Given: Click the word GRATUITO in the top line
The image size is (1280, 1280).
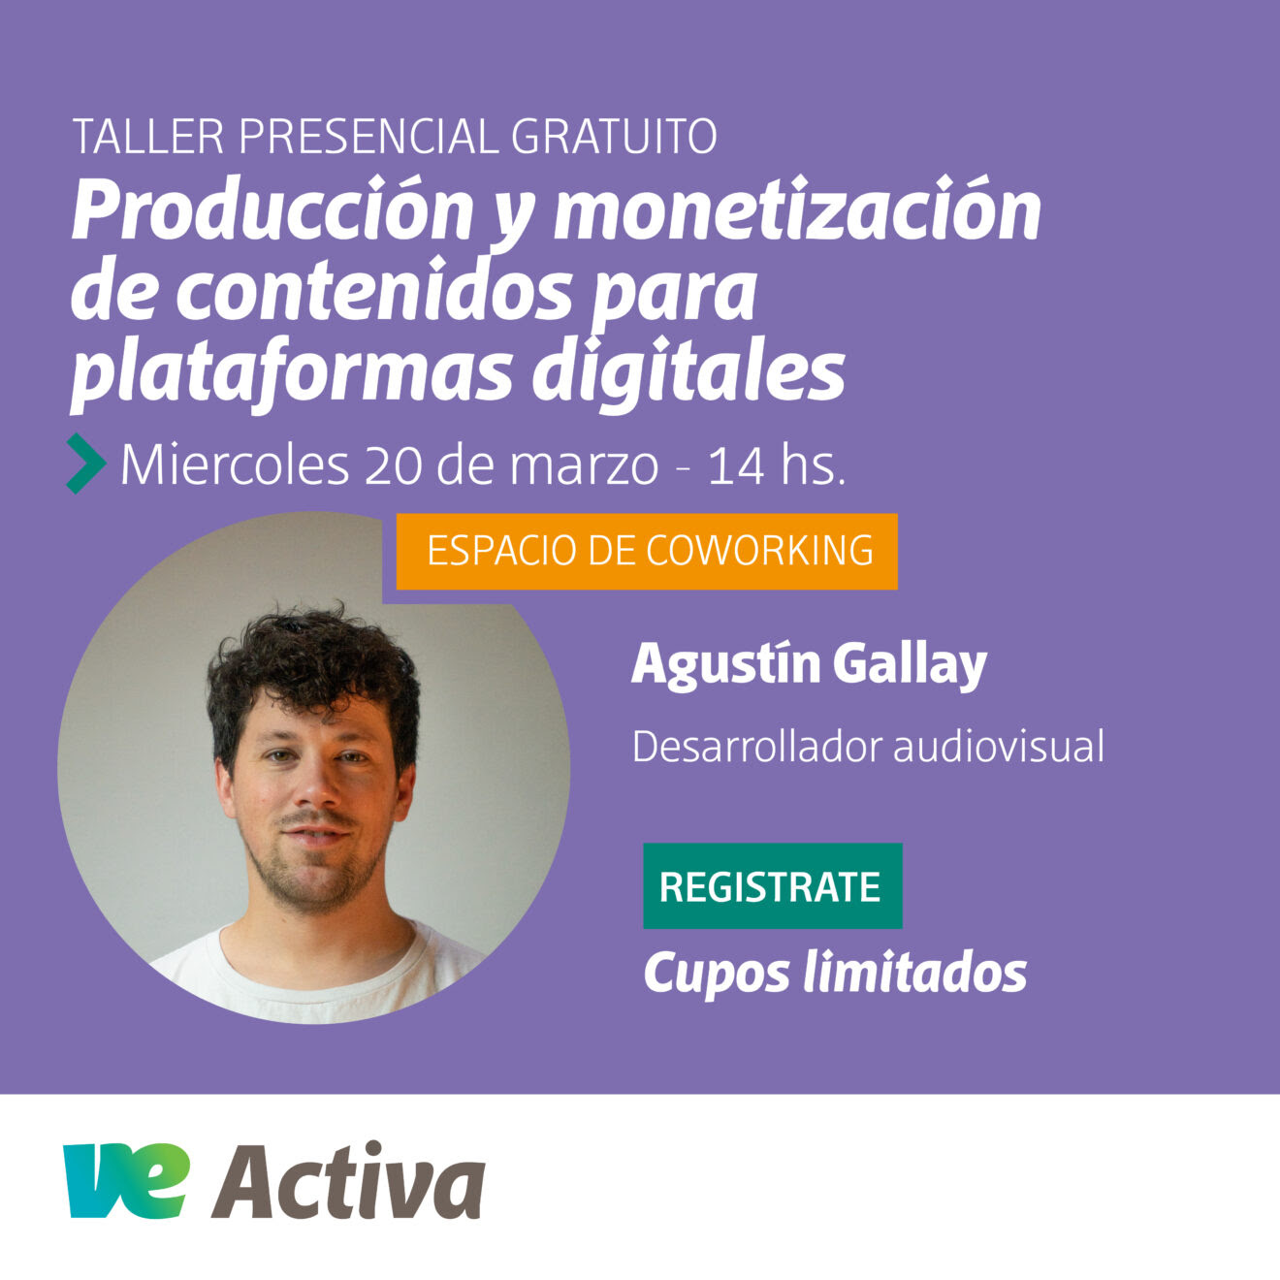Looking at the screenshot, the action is click(614, 137).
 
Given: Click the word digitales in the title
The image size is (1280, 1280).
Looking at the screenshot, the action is click(688, 369).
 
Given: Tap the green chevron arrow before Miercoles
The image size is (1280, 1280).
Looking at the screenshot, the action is click(85, 463).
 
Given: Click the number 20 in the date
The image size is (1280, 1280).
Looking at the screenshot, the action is click(394, 465).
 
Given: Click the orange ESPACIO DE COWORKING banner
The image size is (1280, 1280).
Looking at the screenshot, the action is click(647, 551).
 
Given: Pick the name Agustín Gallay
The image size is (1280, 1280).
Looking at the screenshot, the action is click(809, 665).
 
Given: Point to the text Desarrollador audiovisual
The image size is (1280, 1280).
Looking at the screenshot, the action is click(868, 747).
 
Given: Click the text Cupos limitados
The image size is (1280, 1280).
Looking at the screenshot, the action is click(835, 974).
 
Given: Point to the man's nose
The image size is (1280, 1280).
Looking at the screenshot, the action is click(315, 787).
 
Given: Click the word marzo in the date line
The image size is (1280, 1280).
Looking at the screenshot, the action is click(585, 465).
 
